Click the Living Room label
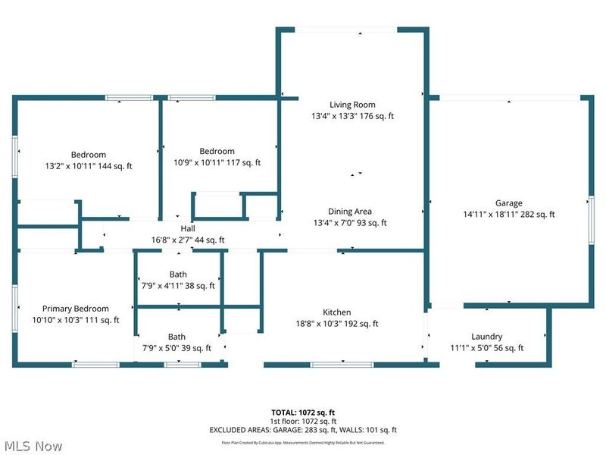[352, 105]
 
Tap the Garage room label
[509, 203]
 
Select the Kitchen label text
[337, 312]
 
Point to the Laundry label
[486, 337]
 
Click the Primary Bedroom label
[75, 309]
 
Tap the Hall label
[188, 228]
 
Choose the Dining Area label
[350, 212]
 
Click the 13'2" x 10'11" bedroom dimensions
[89, 166]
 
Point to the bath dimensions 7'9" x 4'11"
[178, 286]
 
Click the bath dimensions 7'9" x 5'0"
[176, 348]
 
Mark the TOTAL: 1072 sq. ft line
[302, 413]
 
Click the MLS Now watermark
[32, 446]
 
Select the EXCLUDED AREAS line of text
[302, 430]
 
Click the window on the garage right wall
[590, 220]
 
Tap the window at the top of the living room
[345, 30]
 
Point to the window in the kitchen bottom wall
[342, 365]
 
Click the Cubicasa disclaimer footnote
[302, 442]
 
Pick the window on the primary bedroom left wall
[15, 309]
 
